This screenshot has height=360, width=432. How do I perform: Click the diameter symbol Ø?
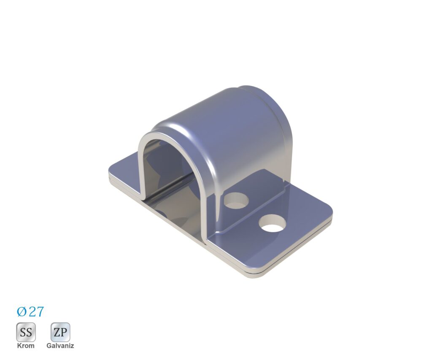pos(22,311)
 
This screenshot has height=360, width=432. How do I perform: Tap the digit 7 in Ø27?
pos(40,311)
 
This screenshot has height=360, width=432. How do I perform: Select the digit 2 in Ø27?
pos(32,311)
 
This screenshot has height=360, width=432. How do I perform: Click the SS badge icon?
pos(26,332)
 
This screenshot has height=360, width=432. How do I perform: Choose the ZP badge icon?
pos(60,332)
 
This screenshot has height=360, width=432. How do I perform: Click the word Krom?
pos(26,345)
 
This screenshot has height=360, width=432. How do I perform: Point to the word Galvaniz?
pos(60,345)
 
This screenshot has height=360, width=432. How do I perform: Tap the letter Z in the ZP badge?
pos(57,333)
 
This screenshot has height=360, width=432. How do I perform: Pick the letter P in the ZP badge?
pos(64,333)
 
